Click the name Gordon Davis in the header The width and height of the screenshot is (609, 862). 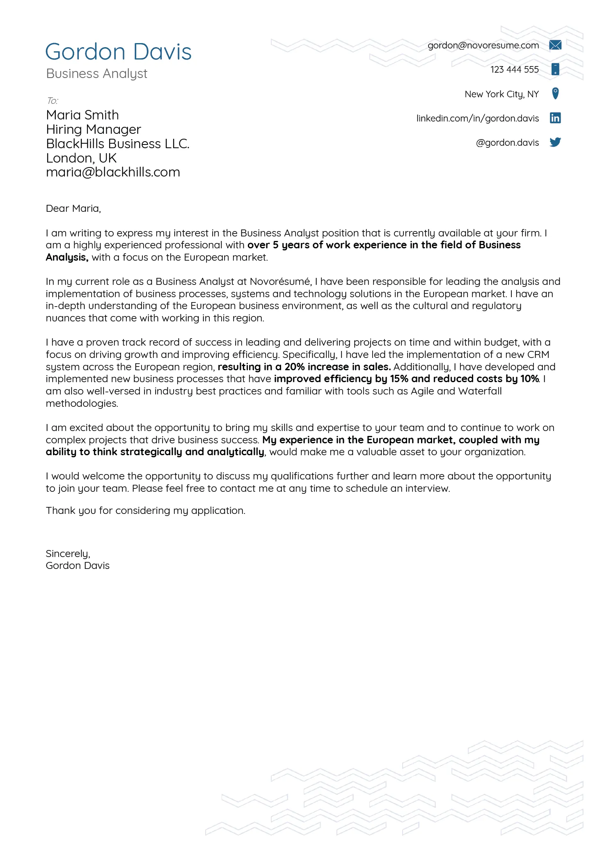click(118, 52)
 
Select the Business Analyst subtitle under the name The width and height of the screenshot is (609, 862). click(96, 73)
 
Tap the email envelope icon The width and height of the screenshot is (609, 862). click(555, 45)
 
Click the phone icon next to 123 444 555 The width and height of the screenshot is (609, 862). click(555, 69)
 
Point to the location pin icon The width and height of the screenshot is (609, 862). click(555, 94)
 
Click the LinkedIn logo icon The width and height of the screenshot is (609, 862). click(555, 118)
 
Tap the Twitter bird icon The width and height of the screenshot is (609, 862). click(555, 142)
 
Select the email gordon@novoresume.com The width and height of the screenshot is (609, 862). click(483, 45)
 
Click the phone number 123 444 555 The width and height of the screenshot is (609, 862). click(514, 69)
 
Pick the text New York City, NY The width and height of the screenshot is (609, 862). click(501, 94)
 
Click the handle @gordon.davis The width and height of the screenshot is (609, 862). click(507, 142)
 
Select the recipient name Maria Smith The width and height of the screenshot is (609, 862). click(82, 115)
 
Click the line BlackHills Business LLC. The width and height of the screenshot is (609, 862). click(118, 144)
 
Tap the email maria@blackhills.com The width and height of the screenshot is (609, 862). click(113, 172)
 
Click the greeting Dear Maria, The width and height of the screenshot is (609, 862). click(73, 209)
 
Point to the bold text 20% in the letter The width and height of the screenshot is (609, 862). click(294, 367)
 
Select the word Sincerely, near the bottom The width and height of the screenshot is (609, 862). click(68, 554)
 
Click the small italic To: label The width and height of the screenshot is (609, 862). click(52, 101)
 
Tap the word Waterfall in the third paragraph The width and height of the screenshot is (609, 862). click(480, 391)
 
